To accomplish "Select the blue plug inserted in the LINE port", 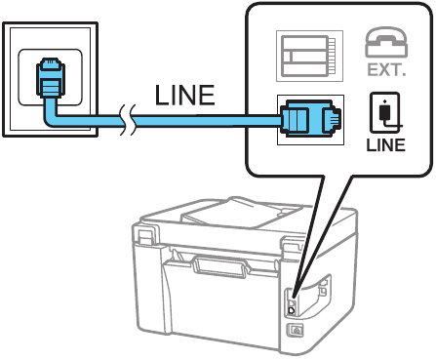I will click(x=308, y=118).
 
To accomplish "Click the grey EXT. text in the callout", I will click(x=385, y=70).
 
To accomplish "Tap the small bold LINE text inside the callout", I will click(x=385, y=146).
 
